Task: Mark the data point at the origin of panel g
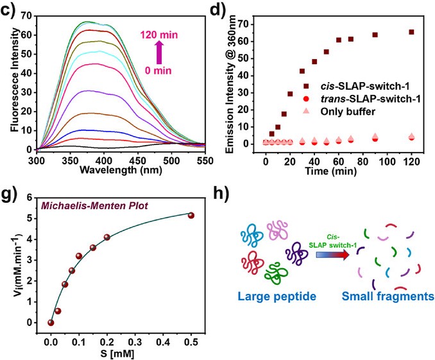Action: [51, 322]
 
